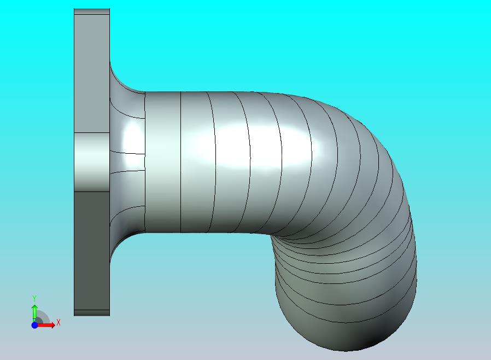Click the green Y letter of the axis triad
pyautogui.click(x=34, y=298)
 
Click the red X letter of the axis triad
pyautogui.click(x=59, y=322)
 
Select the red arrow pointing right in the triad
pyautogui.click(x=45, y=325)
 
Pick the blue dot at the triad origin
pyautogui.click(x=34, y=325)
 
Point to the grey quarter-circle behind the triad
pyautogui.click(x=42, y=317)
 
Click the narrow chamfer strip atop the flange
pyautogui.click(x=92, y=11)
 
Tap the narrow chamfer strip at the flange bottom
pyautogui.click(x=92, y=313)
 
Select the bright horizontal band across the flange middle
pyautogui.click(x=92, y=162)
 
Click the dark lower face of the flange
pyautogui.click(x=92, y=251)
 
